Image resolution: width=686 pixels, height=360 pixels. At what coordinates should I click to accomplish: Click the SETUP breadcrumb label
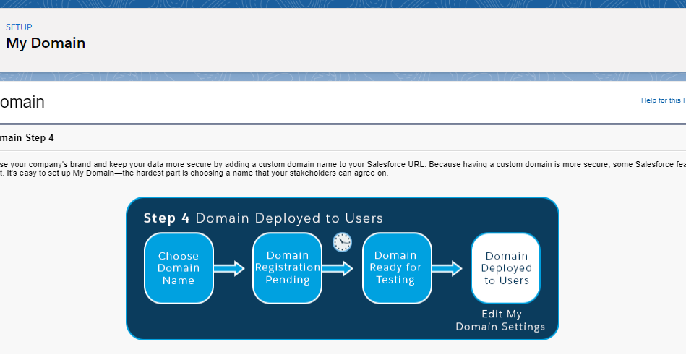(19, 27)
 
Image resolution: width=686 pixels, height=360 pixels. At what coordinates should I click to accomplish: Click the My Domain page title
(46, 43)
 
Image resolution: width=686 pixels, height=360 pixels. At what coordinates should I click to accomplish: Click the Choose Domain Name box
(179, 268)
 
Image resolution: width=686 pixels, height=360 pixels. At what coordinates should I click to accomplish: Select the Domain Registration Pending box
(287, 268)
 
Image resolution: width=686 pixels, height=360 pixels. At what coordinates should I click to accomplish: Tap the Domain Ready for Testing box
(395, 268)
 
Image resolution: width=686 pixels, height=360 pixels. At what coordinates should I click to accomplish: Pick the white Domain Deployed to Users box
(505, 268)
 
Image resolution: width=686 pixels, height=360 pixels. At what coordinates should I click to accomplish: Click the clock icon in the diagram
(342, 242)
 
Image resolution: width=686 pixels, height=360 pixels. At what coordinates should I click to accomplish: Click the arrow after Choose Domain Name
(230, 269)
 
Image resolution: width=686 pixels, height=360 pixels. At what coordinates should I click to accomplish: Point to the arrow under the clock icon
(338, 269)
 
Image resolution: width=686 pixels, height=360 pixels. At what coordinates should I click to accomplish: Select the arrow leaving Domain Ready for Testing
(447, 269)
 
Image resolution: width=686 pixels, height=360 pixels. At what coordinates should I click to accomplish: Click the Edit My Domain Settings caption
(501, 321)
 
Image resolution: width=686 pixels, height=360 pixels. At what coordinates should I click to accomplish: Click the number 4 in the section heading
(51, 137)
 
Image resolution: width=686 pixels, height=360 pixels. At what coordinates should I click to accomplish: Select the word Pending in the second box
(287, 280)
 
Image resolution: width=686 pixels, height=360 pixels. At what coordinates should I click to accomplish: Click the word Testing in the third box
(395, 280)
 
